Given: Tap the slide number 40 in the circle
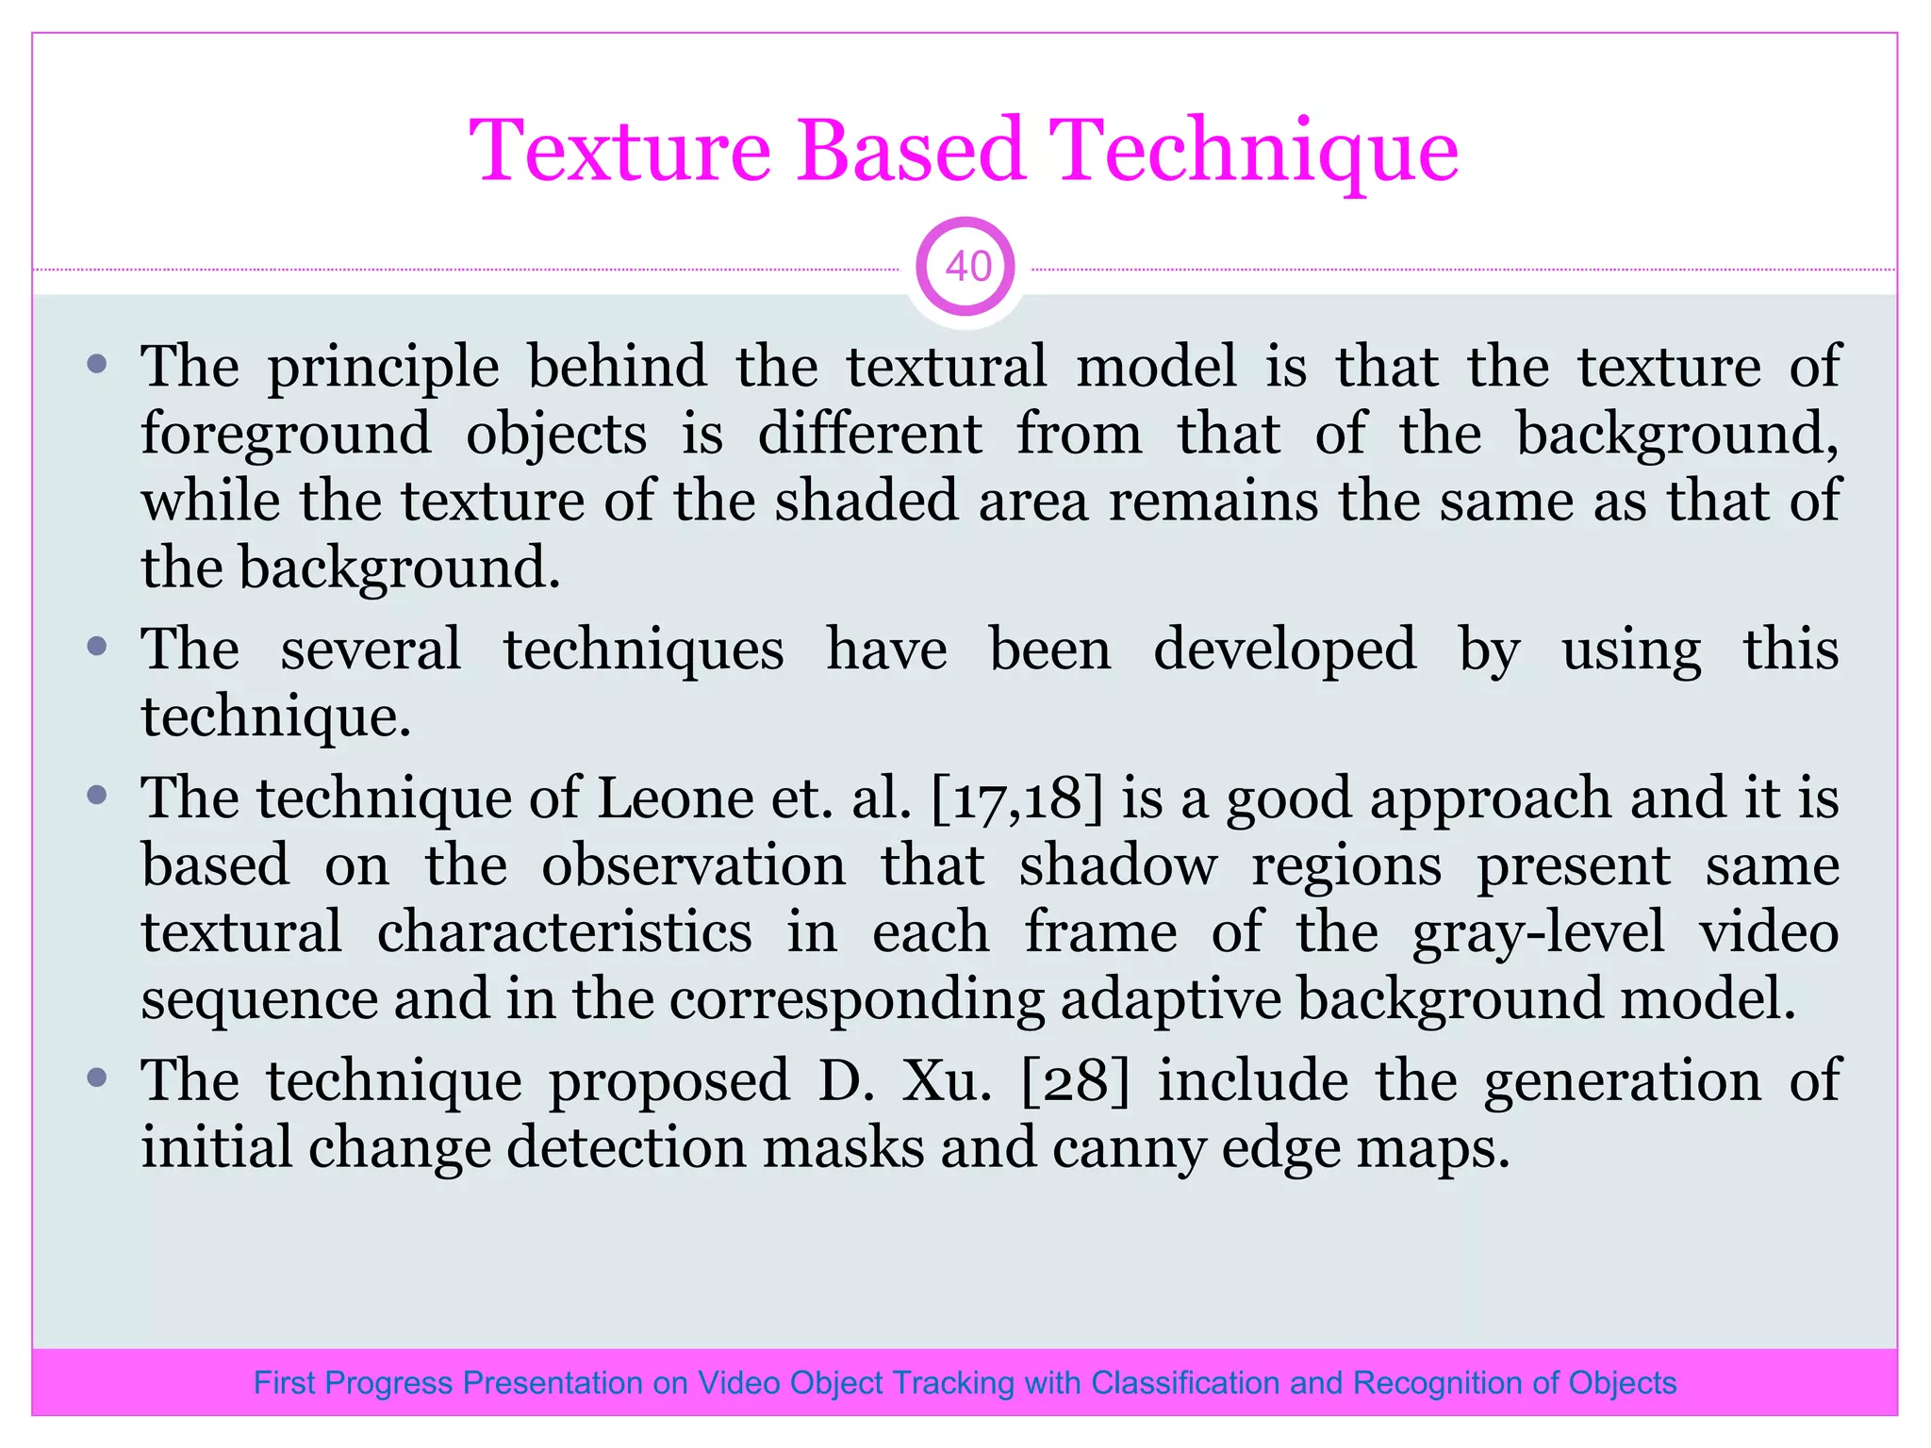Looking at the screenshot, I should point(967,268).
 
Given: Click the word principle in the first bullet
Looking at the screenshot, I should point(384,368).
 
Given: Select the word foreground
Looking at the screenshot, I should point(286,436).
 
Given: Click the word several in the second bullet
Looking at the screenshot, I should point(371,650).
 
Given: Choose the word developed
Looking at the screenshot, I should point(1284,651).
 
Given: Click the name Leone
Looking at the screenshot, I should point(675,798).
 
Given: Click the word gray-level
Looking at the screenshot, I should point(1538,933).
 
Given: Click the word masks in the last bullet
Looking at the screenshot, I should point(843,1148).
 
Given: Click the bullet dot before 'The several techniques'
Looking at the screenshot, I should point(97,647).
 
